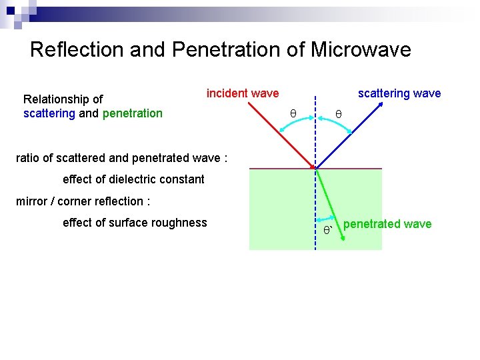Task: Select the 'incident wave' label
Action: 243,93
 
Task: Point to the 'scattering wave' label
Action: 399,93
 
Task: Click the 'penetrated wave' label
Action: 387,224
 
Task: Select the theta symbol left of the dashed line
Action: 293,114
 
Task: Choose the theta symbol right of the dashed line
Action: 338,114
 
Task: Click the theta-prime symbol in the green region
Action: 327,231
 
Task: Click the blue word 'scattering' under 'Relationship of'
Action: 49,113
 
